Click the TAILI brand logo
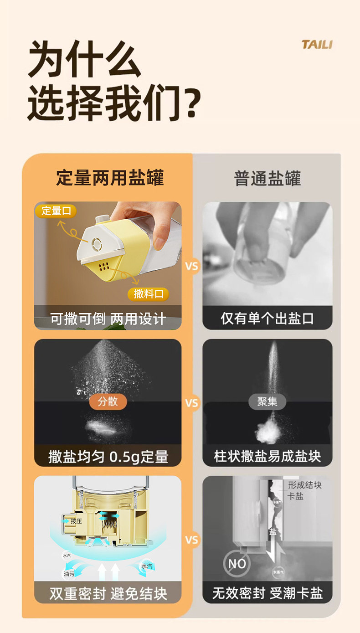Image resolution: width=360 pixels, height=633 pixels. (317, 45)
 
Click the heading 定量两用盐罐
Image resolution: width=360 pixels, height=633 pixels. (110, 178)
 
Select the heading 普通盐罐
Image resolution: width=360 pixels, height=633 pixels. (267, 178)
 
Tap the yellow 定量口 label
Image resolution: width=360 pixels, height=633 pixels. (56, 211)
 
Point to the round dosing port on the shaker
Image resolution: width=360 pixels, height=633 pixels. (97, 244)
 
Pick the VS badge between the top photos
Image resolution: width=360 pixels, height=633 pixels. (192, 266)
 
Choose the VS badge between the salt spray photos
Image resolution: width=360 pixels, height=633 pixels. (192, 403)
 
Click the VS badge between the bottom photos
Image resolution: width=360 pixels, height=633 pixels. (192, 540)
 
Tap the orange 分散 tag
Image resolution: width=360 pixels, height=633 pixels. (108, 401)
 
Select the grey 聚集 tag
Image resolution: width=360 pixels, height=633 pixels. (267, 401)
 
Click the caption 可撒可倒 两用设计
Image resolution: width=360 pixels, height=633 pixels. (108, 319)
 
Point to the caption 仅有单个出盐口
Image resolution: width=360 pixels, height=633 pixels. (267, 318)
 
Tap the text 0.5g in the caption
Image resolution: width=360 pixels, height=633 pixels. (124, 456)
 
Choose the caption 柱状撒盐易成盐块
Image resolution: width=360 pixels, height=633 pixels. (267, 456)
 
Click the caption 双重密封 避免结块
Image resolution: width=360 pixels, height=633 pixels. (108, 593)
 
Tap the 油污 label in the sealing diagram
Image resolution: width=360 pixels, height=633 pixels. (69, 574)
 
